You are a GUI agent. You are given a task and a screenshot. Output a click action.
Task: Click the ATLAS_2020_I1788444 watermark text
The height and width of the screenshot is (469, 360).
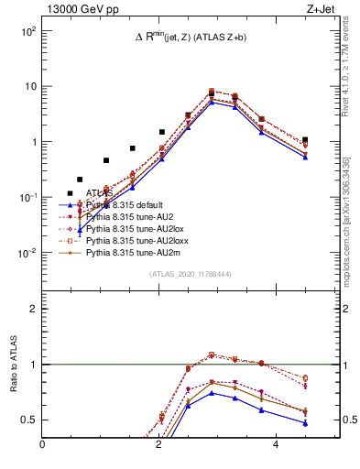tap(191, 274)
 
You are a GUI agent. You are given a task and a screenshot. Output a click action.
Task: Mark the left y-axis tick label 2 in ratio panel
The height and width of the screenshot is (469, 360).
tap(33, 309)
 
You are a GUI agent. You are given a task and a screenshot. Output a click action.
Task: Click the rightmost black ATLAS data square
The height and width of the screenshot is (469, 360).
tap(305, 140)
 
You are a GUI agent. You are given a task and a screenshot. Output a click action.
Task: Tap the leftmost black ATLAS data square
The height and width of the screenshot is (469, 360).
tap(70, 193)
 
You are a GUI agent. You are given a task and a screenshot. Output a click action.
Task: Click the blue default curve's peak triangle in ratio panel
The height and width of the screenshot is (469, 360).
tap(212, 393)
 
